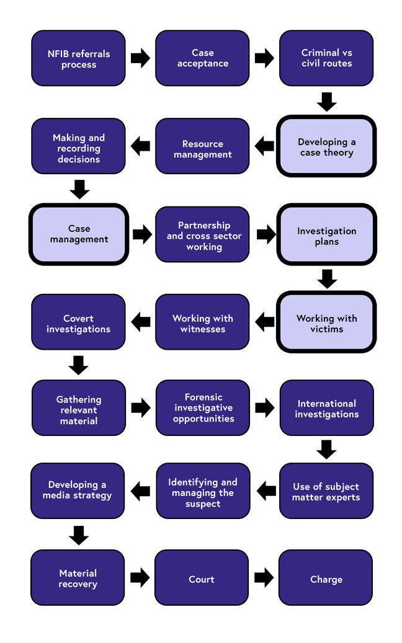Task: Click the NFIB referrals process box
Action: tap(78, 58)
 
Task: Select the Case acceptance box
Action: tap(202, 58)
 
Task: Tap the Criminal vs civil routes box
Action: tap(326, 58)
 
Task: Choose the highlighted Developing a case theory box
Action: tap(326, 146)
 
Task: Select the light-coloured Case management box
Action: tap(79, 234)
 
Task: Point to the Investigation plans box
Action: tap(326, 235)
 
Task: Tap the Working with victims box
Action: tap(326, 322)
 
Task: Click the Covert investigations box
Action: tap(78, 322)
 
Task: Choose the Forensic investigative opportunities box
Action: tap(203, 407)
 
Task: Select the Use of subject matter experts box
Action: tap(326, 490)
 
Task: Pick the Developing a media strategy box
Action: tap(78, 490)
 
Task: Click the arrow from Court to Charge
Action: tap(264, 578)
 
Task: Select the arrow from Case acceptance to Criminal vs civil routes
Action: tap(264, 58)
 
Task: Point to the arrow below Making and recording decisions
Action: tap(79, 188)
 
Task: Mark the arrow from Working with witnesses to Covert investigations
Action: tap(141, 321)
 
